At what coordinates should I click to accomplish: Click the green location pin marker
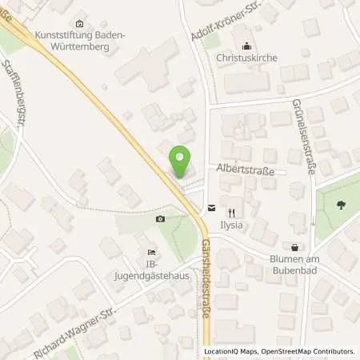click(x=183, y=162)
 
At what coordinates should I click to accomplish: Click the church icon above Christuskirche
click(x=246, y=46)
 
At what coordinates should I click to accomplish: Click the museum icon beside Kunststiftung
click(x=78, y=23)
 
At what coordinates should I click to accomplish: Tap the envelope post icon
click(x=210, y=207)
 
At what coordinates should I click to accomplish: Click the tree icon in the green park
click(x=342, y=204)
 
